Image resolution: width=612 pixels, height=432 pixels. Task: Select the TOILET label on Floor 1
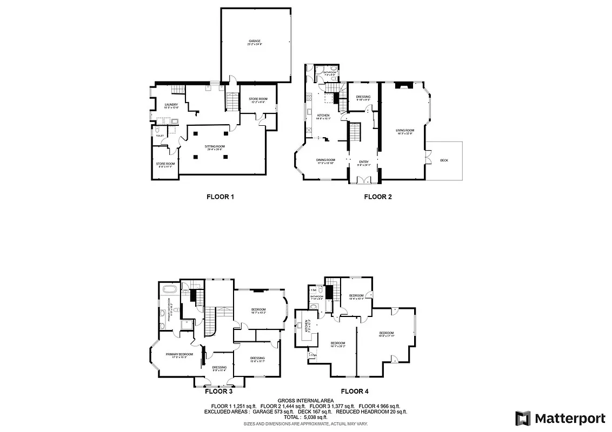tap(159, 136)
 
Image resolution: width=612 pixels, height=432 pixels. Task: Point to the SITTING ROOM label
tap(215, 148)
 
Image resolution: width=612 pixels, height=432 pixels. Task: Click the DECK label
tap(444, 160)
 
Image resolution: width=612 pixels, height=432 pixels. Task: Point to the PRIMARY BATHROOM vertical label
tap(171, 312)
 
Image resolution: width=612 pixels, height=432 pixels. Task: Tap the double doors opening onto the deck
tap(428, 156)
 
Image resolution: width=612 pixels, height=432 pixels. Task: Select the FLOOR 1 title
tap(220, 197)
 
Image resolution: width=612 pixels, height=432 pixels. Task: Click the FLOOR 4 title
tap(355, 391)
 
